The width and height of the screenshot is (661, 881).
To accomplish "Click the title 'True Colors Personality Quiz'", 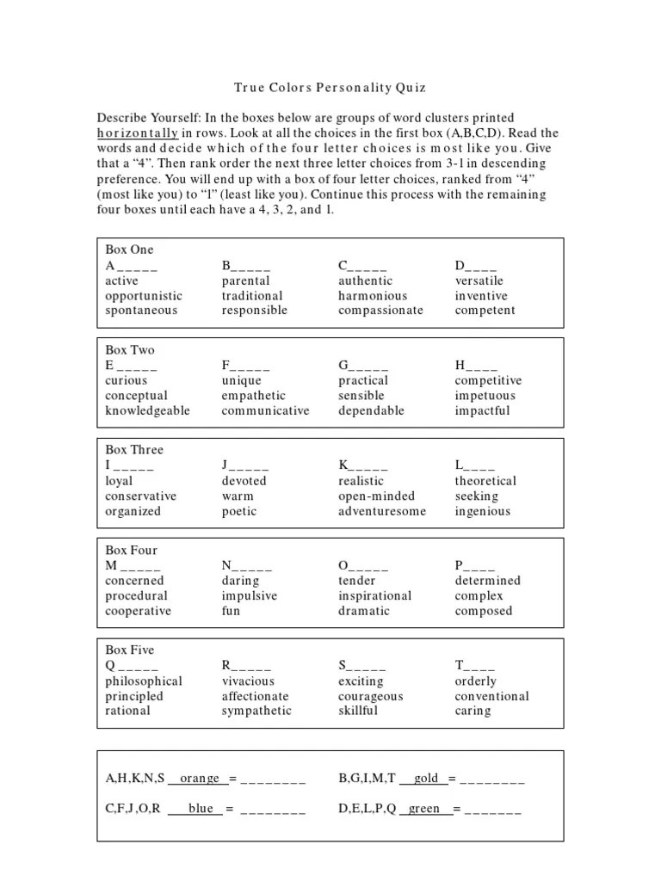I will [x=330, y=88].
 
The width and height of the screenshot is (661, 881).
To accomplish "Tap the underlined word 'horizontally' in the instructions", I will [x=138, y=132].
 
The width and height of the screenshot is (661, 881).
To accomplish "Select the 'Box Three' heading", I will [x=133, y=450].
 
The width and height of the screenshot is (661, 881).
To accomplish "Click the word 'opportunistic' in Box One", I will [x=144, y=296].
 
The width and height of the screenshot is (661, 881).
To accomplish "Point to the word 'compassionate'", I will [x=380, y=311].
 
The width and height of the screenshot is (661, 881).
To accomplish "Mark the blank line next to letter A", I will [x=138, y=266].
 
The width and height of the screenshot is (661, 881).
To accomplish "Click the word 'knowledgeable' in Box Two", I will [x=147, y=410].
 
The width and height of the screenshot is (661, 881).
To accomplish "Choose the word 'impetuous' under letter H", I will [x=485, y=396].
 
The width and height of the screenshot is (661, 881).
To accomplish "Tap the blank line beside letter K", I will [x=369, y=466].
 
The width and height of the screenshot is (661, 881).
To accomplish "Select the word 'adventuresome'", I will [x=382, y=511].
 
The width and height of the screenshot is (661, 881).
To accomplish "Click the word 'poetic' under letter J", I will [x=239, y=511].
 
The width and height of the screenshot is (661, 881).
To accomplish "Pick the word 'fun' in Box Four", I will [x=232, y=611].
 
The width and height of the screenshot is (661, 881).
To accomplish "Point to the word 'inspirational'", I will [x=375, y=596].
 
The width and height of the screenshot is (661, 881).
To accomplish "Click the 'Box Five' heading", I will [x=130, y=650].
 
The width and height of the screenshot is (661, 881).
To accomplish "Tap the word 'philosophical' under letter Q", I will [x=144, y=681].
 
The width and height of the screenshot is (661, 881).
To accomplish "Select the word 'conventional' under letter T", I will [x=491, y=696].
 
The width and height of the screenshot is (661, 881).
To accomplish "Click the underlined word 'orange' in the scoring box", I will [x=200, y=779].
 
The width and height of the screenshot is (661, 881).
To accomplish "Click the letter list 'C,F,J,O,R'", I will [x=133, y=809].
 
